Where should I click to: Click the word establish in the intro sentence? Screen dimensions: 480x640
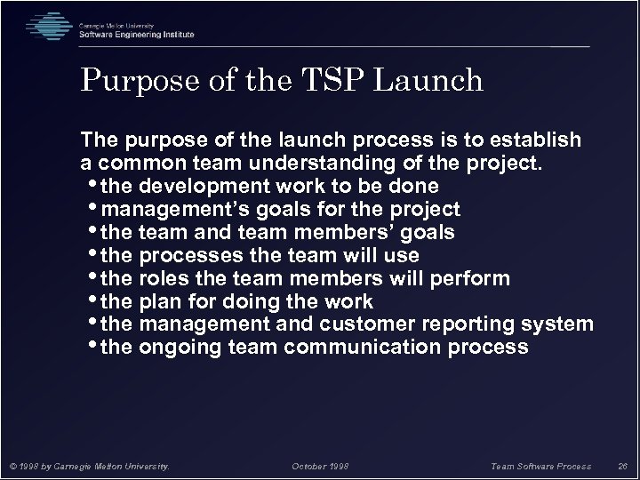(x=538, y=140)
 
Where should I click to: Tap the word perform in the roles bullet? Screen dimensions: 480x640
(x=473, y=279)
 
